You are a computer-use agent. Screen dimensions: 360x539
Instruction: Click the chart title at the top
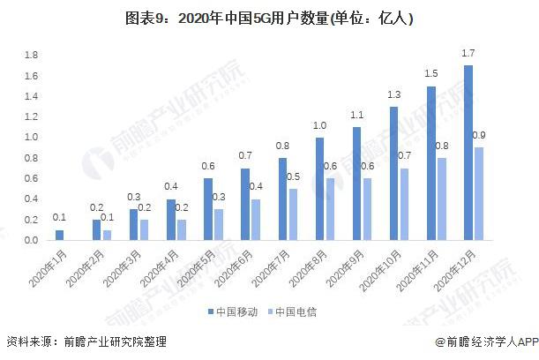pos(269,19)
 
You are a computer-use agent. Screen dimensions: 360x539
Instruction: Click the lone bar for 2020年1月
pos(60,235)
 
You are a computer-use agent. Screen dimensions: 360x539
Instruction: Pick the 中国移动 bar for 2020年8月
pos(319,189)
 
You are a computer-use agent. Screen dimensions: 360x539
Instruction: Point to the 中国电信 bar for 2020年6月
pos(255,219)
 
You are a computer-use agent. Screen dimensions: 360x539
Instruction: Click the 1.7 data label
pos(467,55)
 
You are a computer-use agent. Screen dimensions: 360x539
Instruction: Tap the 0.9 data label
pos(478,135)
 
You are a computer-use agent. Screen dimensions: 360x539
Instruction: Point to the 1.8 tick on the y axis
pos(32,56)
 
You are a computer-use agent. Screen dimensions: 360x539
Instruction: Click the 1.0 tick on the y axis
pos(32,138)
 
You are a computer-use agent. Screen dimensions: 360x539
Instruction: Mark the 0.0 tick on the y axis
pos(32,240)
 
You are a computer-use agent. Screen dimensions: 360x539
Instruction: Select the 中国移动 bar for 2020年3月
pos(133,224)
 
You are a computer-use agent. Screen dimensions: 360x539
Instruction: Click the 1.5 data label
pos(430,75)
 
